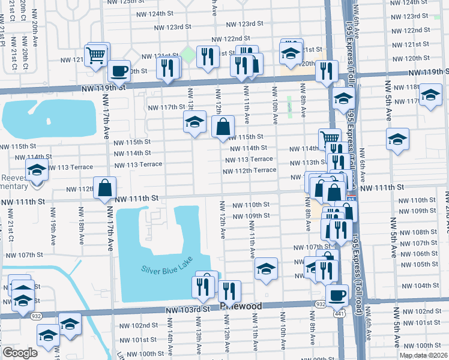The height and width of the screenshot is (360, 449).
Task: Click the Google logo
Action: pos(20,353)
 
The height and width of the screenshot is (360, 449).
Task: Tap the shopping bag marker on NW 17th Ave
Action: pos(105,187)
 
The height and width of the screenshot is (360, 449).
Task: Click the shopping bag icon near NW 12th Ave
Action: pos(223,127)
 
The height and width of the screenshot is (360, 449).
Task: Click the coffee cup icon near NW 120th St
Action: pos(119,70)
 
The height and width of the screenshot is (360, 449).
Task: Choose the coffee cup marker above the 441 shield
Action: pos(337,295)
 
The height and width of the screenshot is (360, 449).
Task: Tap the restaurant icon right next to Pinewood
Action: pos(229,292)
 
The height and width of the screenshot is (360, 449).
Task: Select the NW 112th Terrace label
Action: pos(249,170)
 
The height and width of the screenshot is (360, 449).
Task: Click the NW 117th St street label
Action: pos(166,107)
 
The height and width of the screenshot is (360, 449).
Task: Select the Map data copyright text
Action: pos(423,355)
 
